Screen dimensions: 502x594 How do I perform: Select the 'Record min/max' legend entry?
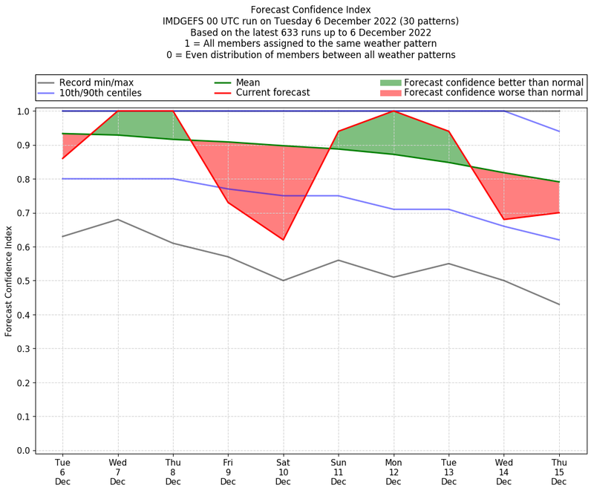(x=96, y=82)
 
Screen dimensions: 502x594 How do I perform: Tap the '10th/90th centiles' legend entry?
(x=100, y=93)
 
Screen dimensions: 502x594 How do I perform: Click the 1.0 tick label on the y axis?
(x=22, y=111)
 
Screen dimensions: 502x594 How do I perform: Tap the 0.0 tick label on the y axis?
(x=22, y=450)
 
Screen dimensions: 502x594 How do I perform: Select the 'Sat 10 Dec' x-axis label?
(x=283, y=472)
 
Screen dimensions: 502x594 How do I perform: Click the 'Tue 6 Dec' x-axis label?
(x=62, y=472)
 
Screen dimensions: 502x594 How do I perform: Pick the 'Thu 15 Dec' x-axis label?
(x=558, y=472)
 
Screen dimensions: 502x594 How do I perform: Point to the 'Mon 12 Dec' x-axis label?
(x=394, y=472)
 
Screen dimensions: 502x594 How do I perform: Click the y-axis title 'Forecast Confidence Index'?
(x=9, y=281)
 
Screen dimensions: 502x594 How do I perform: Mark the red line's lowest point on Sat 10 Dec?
(x=283, y=240)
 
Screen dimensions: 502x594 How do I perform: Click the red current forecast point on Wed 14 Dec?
(x=503, y=220)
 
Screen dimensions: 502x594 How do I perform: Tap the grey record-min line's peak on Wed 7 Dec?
(x=117, y=219)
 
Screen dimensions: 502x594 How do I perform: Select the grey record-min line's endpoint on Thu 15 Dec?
(x=558, y=304)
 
